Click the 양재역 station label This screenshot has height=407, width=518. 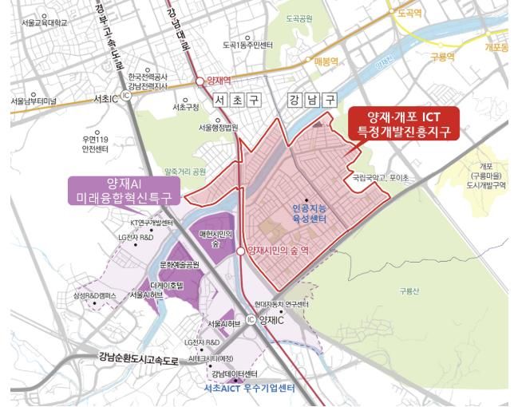[x=219, y=81]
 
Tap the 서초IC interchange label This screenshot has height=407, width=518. [x=105, y=98]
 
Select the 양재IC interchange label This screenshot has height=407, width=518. [x=270, y=318]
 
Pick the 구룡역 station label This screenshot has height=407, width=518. [x=441, y=57]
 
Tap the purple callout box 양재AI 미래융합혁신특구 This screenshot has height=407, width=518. [x=126, y=190]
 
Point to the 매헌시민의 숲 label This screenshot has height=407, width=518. [x=216, y=237]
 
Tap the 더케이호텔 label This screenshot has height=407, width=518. [x=166, y=283]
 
